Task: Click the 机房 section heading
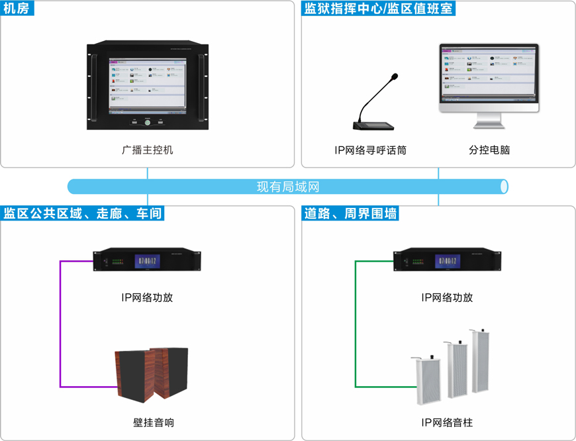(17, 9)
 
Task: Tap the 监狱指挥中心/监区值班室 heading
(379, 9)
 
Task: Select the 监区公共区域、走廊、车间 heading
(83, 213)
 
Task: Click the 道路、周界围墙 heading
(351, 213)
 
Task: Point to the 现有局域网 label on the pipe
(288, 187)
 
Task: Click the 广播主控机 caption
(147, 150)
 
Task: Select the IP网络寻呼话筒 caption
(370, 150)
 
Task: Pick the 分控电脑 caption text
(489, 150)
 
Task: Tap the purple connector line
(61, 324)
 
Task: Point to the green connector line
(356, 324)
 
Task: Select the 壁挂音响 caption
(153, 422)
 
